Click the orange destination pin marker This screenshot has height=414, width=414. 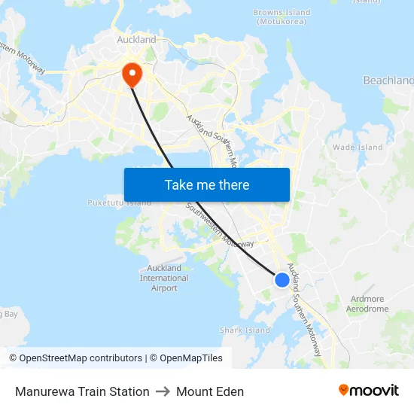coord(132,73)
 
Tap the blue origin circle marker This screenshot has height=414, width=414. coord(282,279)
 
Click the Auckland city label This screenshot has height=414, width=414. coord(136,40)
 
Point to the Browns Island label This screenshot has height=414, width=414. coord(282,13)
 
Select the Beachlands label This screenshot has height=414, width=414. coord(388,81)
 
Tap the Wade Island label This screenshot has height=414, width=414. coord(358,148)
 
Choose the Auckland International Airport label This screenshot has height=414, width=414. coord(164,278)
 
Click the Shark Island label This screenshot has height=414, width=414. coord(245,330)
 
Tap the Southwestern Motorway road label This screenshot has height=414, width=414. coord(220,226)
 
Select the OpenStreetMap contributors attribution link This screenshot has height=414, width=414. coord(80,358)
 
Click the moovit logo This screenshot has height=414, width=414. coord(369,390)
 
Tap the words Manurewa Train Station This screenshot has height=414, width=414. coord(82,391)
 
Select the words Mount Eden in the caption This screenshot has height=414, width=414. coord(210,391)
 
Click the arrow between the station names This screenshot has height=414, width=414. coord(163,391)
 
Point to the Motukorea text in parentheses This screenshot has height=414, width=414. coord(282,22)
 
